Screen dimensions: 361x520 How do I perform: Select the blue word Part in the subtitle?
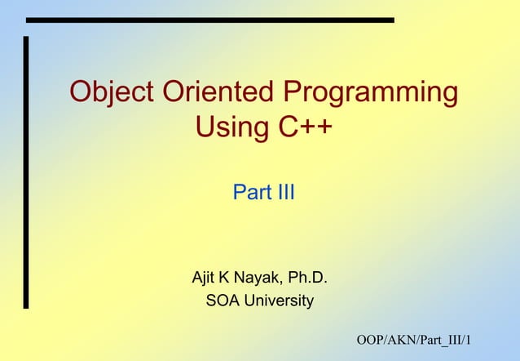point(249,194)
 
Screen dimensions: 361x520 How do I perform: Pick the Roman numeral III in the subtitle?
point(283,194)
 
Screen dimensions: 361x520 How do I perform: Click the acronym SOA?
point(222,301)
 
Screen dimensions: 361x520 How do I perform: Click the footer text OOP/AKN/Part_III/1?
point(418,340)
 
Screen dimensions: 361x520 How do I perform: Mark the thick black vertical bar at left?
point(26,172)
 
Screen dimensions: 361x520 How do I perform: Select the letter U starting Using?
point(206,127)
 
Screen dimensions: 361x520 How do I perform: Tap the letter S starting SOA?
point(211,301)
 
